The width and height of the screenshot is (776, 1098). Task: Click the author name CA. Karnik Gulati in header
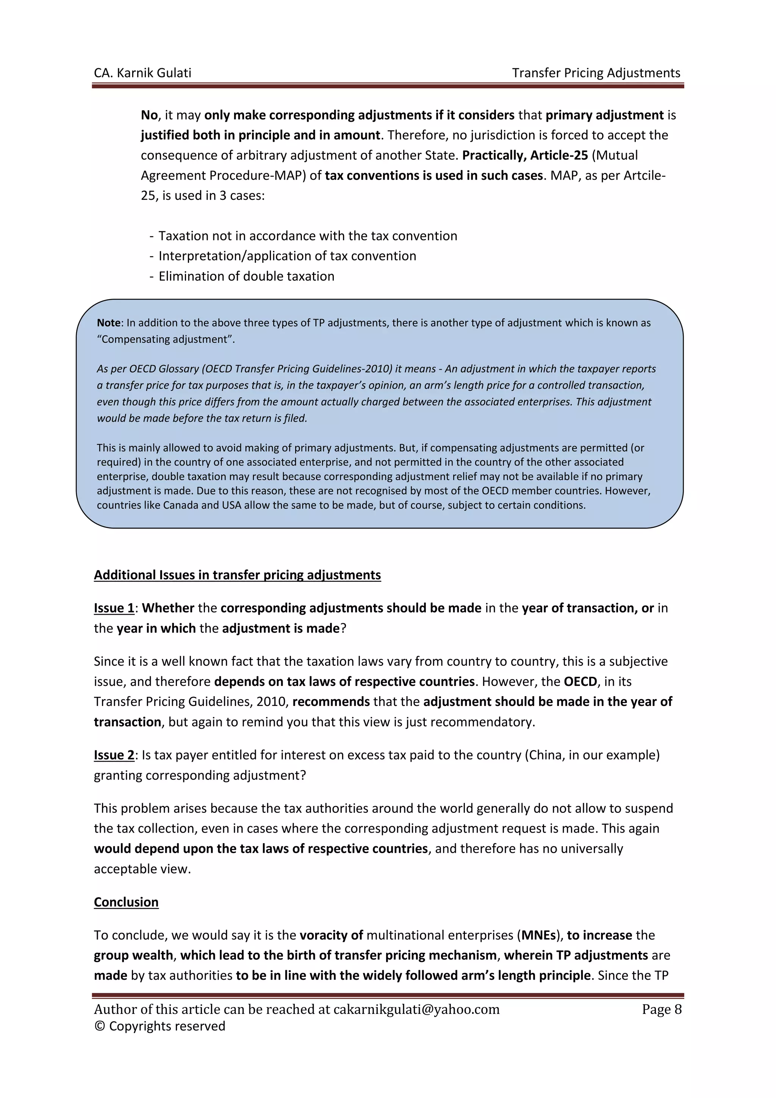[142, 73]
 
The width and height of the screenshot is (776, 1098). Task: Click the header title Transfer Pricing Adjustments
[596, 73]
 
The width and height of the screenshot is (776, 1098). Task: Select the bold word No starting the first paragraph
[149, 115]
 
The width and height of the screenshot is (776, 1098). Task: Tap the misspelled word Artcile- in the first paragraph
[643, 176]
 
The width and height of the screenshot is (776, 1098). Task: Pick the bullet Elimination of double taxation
[246, 276]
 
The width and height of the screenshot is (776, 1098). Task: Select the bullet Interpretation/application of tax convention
[287, 256]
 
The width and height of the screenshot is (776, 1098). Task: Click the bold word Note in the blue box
[108, 323]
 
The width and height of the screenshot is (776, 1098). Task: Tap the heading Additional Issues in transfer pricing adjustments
[237, 575]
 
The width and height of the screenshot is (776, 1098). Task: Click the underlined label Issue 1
[114, 608]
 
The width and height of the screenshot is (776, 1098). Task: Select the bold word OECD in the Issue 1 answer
[580, 681]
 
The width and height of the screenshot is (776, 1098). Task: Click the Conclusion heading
[126, 902]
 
